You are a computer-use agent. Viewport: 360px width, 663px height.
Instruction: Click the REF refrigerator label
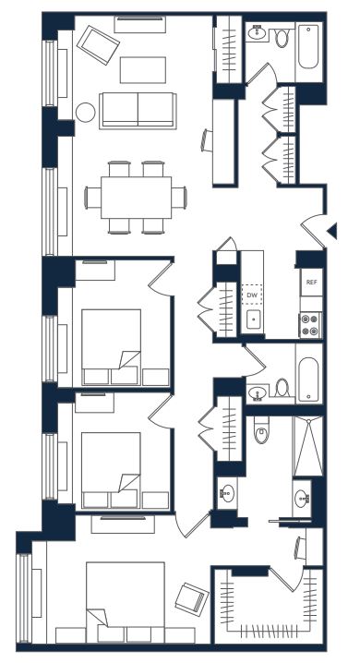point(311,282)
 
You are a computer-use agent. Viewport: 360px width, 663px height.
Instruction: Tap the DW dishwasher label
point(252,295)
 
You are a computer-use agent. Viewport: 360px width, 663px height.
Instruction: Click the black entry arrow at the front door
point(332,231)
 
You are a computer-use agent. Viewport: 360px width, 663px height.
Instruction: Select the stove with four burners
point(310,325)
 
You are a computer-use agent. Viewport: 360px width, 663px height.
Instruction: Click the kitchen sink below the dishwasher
point(253,321)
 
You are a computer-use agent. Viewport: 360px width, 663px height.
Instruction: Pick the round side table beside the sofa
point(85,113)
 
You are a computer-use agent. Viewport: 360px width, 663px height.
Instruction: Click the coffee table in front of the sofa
point(143,70)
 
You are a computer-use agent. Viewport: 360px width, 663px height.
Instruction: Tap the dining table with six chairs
point(136,198)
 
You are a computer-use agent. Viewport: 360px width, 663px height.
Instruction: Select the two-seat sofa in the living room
point(138,111)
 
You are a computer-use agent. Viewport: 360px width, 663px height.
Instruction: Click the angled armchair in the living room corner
point(98,45)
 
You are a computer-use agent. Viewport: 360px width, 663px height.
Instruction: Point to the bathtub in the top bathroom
point(308,46)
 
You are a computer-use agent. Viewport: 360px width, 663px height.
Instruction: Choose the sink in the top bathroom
point(257,33)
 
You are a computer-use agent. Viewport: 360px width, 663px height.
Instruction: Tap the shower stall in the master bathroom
point(307,446)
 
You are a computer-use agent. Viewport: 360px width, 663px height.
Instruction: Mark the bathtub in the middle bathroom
point(308,380)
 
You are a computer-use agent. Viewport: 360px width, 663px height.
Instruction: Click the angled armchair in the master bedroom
point(192,598)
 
